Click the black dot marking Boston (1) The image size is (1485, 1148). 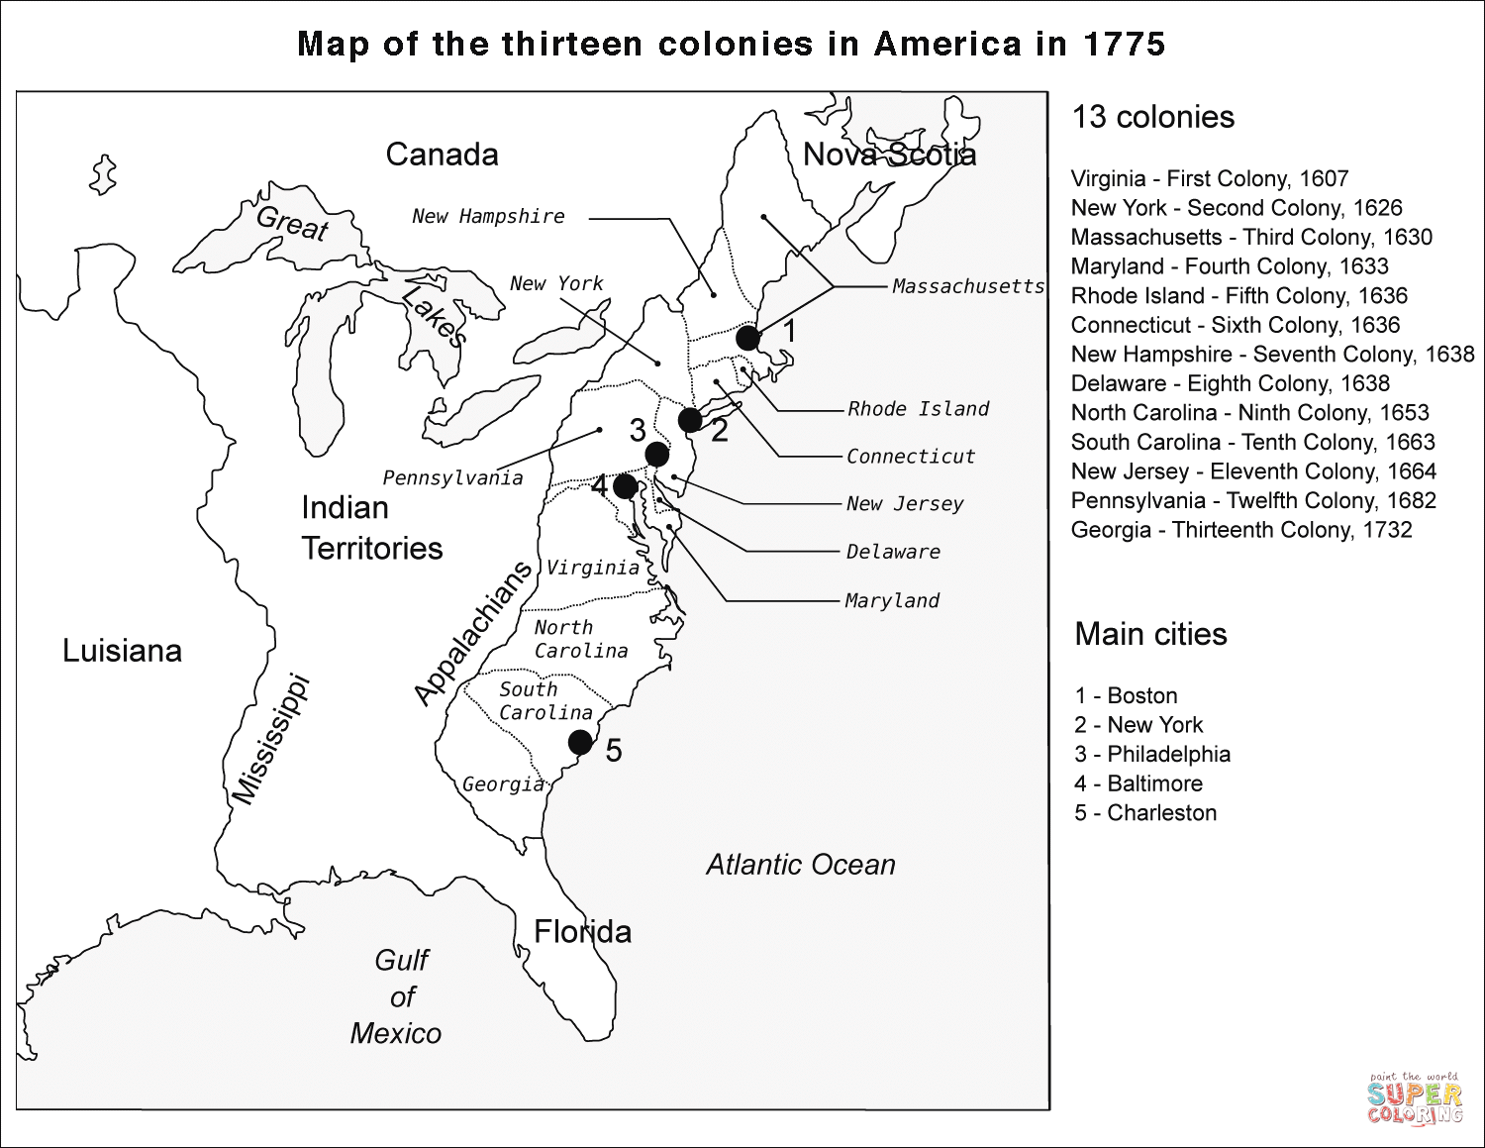click(748, 338)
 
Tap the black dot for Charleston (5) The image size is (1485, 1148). click(580, 742)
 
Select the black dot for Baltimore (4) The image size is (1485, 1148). click(625, 486)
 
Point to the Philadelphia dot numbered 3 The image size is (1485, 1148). click(656, 455)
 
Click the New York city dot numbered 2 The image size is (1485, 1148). click(690, 420)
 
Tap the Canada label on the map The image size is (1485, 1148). click(442, 155)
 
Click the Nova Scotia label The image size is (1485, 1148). click(889, 155)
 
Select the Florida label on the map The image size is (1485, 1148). click(582, 931)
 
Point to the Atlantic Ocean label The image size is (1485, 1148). click(800, 865)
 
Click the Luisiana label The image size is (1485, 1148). click(122, 651)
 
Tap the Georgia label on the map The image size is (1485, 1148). click(503, 784)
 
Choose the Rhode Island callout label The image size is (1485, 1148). click(918, 409)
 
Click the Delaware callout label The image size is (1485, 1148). click(893, 552)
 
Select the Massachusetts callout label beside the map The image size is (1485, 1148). click(967, 286)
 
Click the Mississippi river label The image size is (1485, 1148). click(270, 739)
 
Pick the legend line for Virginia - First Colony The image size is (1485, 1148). click(1209, 179)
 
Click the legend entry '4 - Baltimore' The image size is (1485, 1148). click(1138, 783)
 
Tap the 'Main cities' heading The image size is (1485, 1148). click(1150, 634)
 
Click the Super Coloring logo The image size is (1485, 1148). click(1415, 1098)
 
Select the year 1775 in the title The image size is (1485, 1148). click(1124, 45)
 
